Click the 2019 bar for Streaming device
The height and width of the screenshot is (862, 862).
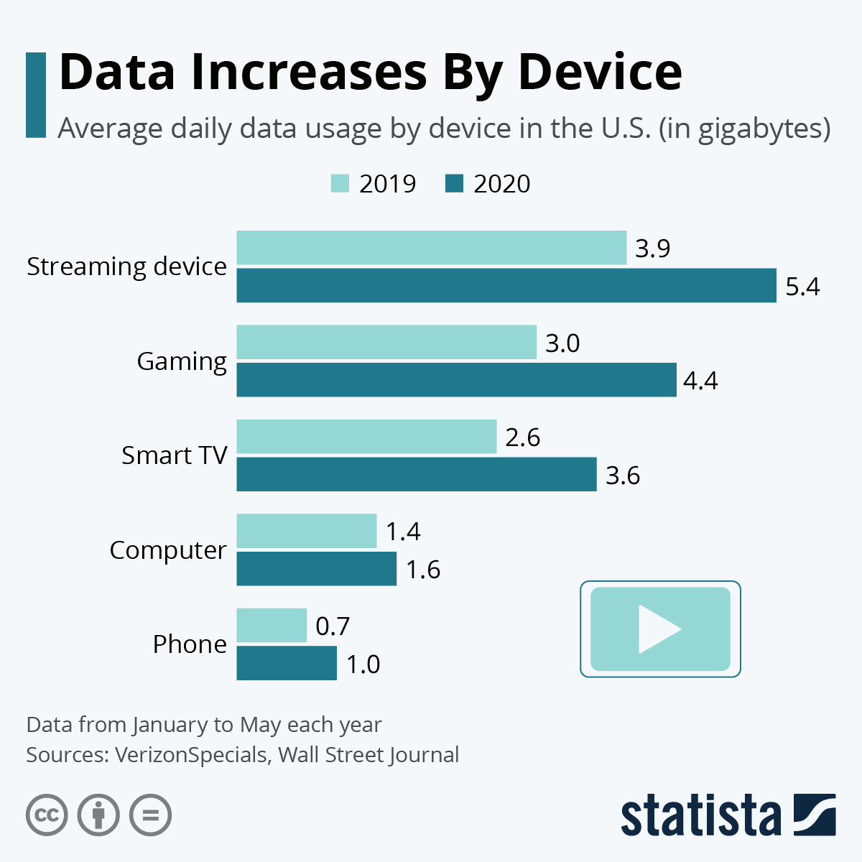(x=431, y=248)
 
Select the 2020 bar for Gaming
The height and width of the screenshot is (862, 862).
(x=456, y=380)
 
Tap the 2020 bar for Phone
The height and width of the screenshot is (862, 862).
(x=287, y=663)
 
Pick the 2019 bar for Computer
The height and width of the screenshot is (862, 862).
(x=306, y=531)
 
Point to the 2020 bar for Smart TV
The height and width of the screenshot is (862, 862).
(x=417, y=474)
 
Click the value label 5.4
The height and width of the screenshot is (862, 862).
(x=802, y=287)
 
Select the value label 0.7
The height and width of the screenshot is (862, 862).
(x=333, y=626)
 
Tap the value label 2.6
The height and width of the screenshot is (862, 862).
(x=522, y=437)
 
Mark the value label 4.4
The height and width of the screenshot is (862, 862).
(x=700, y=381)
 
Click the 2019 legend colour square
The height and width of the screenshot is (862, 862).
(x=340, y=184)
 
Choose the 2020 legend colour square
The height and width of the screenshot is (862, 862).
(x=454, y=184)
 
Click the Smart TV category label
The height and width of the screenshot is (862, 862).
(x=174, y=455)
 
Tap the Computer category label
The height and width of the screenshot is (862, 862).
(x=168, y=550)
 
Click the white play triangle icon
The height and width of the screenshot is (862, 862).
(x=657, y=629)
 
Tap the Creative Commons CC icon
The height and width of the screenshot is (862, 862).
(x=47, y=815)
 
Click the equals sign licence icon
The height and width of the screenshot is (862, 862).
(x=150, y=815)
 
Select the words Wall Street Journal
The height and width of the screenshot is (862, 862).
(x=369, y=755)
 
